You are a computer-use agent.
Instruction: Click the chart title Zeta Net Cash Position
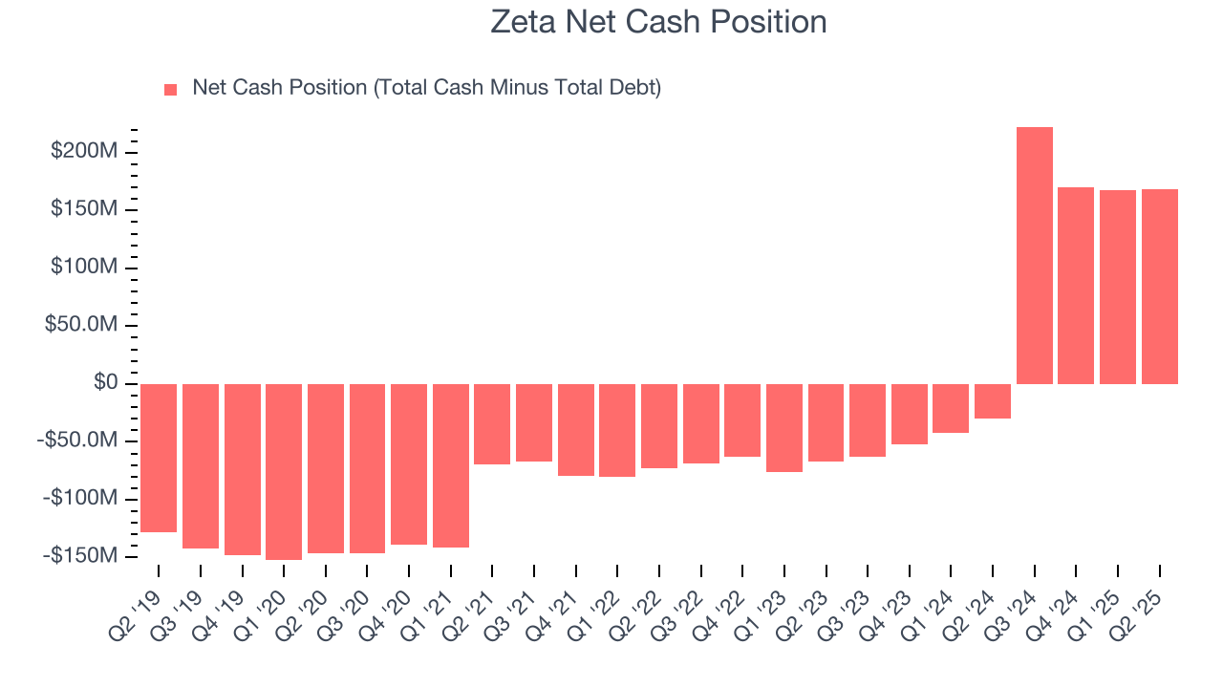click(x=658, y=21)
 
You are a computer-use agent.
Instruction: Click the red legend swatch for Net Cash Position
click(x=171, y=89)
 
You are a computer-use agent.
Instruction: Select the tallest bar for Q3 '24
click(x=1034, y=255)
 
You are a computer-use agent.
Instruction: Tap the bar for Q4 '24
click(x=1076, y=286)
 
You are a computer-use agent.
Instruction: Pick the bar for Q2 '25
click(x=1159, y=287)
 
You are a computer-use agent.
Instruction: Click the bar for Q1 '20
click(x=284, y=471)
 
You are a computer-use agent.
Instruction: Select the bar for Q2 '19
click(x=159, y=458)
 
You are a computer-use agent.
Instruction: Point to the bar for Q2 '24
click(x=993, y=401)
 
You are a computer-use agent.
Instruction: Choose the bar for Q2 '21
click(x=492, y=424)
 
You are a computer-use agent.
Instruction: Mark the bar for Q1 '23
click(x=783, y=427)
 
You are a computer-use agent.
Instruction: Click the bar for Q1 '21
click(x=451, y=465)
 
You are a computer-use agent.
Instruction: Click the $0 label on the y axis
click(x=106, y=383)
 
